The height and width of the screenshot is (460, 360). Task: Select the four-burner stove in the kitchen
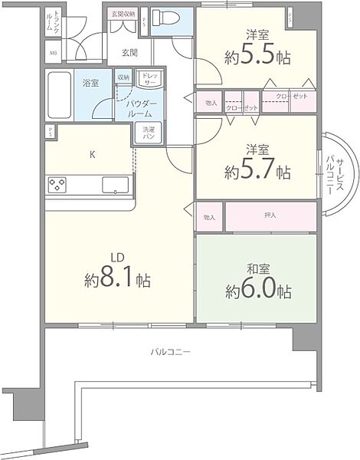(x=57, y=184)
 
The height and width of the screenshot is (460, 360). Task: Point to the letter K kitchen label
(x=93, y=155)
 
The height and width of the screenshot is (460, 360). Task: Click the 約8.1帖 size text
(x=117, y=279)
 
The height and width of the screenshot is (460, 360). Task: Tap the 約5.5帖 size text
(x=256, y=56)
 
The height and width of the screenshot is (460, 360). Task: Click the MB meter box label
(x=53, y=53)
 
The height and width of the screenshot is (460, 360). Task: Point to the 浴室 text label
(x=90, y=82)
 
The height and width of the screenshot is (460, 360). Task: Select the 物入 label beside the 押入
(x=210, y=217)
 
